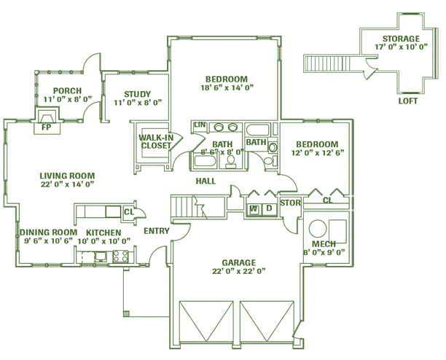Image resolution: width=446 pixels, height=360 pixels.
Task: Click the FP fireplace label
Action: (x=46, y=127)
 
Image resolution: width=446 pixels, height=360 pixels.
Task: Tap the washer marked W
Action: (x=254, y=209)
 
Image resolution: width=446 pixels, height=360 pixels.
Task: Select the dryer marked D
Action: (x=269, y=209)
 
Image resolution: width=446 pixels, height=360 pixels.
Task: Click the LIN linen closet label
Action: (x=200, y=125)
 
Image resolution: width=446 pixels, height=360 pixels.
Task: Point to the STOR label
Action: (x=290, y=203)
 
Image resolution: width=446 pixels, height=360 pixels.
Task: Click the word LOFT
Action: (x=407, y=101)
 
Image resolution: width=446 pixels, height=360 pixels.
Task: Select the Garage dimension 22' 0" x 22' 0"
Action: (x=238, y=271)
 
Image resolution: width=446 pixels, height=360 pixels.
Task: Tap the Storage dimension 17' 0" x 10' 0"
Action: (x=401, y=47)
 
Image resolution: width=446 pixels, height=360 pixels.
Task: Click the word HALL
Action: (x=206, y=181)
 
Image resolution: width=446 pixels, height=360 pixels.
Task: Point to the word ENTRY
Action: (x=157, y=231)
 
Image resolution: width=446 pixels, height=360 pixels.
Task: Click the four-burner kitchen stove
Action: (x=120, y=257)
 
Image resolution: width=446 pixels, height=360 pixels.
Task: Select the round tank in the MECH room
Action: (x=318, y=228)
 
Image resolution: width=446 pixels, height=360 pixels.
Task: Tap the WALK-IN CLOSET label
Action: (x=156, y=141)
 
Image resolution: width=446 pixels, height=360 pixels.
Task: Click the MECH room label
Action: (x=324, y=244)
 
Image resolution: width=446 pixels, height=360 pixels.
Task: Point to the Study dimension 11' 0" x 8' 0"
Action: (x=138, y=103)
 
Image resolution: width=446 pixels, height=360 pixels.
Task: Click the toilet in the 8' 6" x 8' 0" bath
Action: (x=231, y=162)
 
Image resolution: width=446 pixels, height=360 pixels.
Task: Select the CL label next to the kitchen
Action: (x=129, y=212)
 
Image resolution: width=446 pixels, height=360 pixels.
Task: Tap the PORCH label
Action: (x=68, y=91)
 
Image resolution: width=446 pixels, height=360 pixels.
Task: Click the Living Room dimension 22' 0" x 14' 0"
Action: (x=67, y=184)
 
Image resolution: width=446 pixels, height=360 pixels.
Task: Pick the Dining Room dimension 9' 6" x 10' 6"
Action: (x=49, y=241)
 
